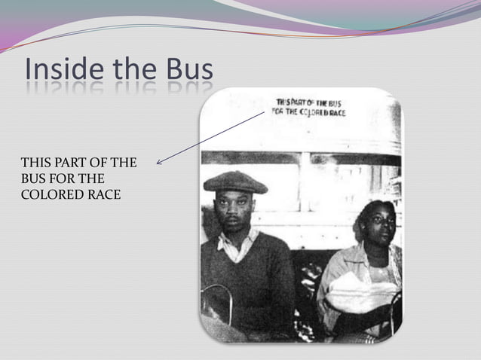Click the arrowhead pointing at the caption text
click(x=159, y=161)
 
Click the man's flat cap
click(x=235, y=181)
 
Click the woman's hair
click(x=369, y=209)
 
